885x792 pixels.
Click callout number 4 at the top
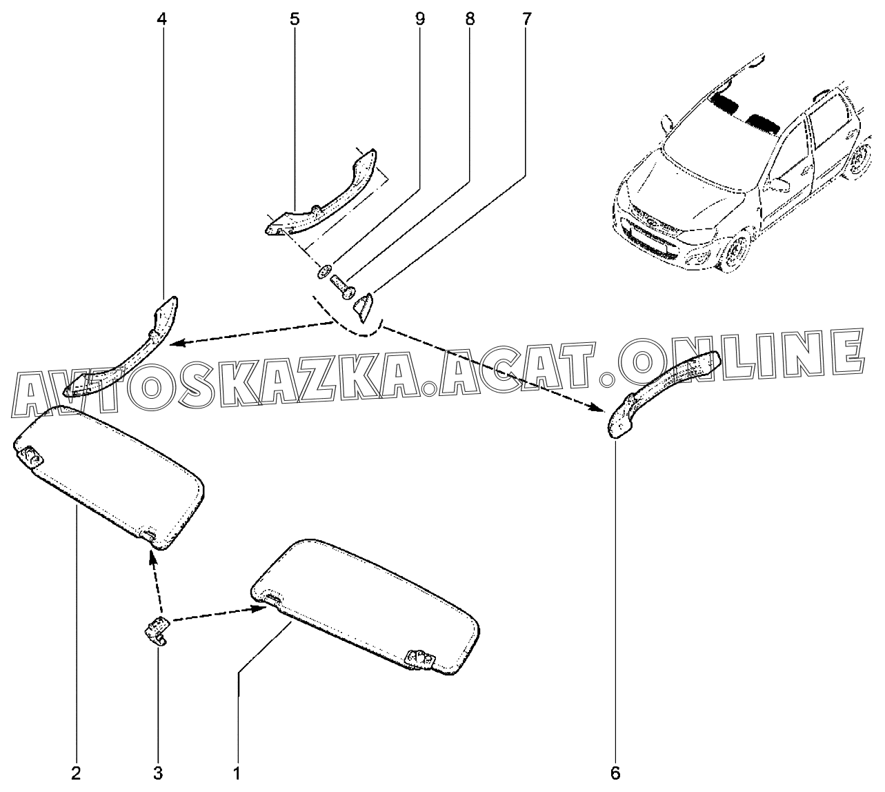coord(163,19)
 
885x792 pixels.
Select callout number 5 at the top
coord(295,19)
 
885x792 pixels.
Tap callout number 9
coord(419,19)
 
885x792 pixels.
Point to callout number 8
coord(470,19)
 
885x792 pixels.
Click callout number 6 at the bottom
coord(615,773)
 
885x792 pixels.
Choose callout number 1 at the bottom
coord(237,773)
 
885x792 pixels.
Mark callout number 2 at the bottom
coord(76,773)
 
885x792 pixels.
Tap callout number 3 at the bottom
coord(158,773)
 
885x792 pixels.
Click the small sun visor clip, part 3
coord(157,631)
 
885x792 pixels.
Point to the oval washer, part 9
coord(324,271)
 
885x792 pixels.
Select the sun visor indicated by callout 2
coord(109,476)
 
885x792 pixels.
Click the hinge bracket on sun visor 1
coord(420,660)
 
